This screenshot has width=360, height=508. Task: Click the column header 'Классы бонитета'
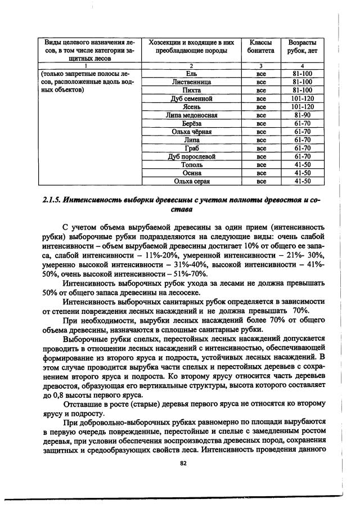coord(260,47)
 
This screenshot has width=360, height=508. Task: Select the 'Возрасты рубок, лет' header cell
coord(303,47)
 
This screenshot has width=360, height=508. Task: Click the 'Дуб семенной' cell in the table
coord(191,98)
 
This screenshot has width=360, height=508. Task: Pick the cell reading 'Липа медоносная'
coord(191,115)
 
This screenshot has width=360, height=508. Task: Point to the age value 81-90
coord(303,115)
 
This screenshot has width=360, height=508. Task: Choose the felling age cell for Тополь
coord(303,165)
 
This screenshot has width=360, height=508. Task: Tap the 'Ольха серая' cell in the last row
coord(191,181)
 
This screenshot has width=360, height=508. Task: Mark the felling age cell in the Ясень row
coord(303,107)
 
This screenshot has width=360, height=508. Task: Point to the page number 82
coord(182,463)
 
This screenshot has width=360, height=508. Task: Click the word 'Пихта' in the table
coord(191,91)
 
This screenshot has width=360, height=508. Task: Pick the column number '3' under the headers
coord(260,66)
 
